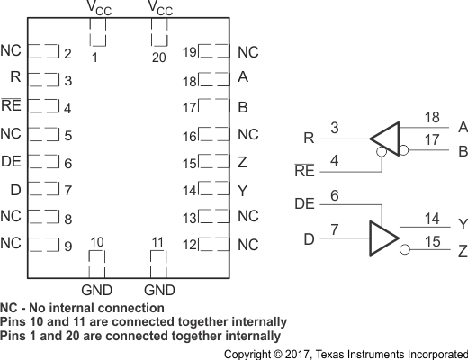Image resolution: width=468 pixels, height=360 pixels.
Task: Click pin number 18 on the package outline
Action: tap(190, 81)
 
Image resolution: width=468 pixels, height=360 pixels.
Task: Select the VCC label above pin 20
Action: tap(160, 10)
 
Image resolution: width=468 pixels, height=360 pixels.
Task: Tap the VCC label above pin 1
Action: tap(98, 10)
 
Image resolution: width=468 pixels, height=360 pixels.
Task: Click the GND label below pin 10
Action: tap(98, 290)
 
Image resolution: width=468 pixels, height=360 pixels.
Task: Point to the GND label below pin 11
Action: tap(160, 290)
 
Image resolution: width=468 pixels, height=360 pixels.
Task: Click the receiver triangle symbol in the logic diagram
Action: tap(384, 139)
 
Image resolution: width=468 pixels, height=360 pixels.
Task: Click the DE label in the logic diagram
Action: tap(305, 204)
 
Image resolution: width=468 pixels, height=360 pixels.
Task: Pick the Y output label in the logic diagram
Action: tap(461, 224)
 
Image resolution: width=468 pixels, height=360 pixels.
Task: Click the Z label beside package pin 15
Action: tap(242, 164)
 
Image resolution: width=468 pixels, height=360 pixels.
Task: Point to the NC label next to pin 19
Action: tap(247, 53)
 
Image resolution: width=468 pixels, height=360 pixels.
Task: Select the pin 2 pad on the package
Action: tap(44, 53)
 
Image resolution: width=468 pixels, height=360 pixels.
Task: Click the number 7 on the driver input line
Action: tap(336, 231)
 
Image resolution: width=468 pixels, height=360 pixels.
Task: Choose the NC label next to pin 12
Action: tap(247, 245)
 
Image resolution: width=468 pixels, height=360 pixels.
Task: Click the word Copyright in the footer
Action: tap(251, 353)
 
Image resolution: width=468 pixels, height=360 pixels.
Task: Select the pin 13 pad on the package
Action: tap(214, 217)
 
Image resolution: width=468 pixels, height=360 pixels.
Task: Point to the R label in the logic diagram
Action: tap(309, 139)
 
